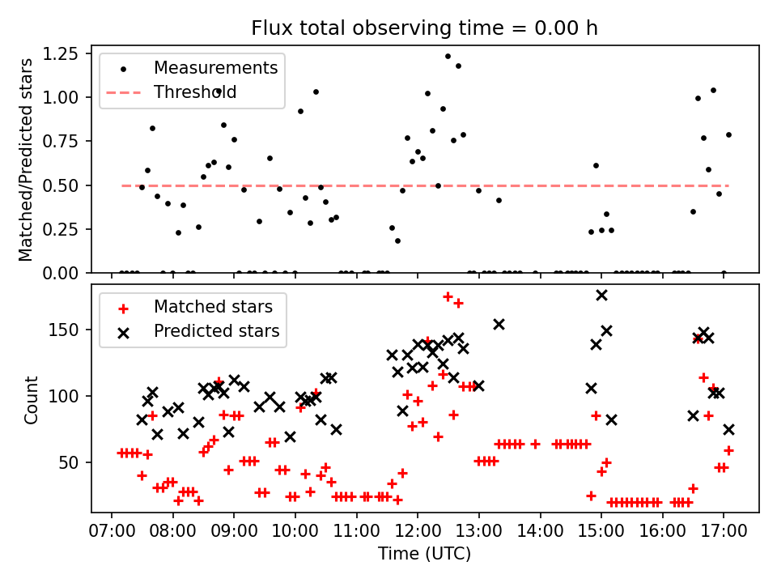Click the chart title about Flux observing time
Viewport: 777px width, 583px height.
click(x=424, y=28)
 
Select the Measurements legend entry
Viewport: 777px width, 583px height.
click(x=215, y=67)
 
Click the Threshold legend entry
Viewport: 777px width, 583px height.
click(x=195, y=92)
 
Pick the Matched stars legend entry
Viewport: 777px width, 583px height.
click(x=213, y=307)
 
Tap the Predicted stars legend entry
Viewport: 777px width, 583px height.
click(x=216, y=331)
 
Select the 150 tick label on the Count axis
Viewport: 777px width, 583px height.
click(x=67, y=330)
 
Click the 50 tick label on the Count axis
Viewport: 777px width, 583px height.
click(x=71, y=462)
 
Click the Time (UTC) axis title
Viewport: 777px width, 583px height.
click(x=424, y=555)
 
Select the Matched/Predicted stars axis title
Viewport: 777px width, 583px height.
click(x=26, y=160)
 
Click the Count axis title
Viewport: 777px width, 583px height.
click(x=32, y=399)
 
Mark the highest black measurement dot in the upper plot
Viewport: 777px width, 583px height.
click(x=448, y=56)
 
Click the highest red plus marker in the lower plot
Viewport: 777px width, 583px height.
click(x=448, y=297)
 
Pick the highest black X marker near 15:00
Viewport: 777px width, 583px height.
click(x=601, y=296)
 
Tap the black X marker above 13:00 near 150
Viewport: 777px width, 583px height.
click(x=499, y=324)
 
